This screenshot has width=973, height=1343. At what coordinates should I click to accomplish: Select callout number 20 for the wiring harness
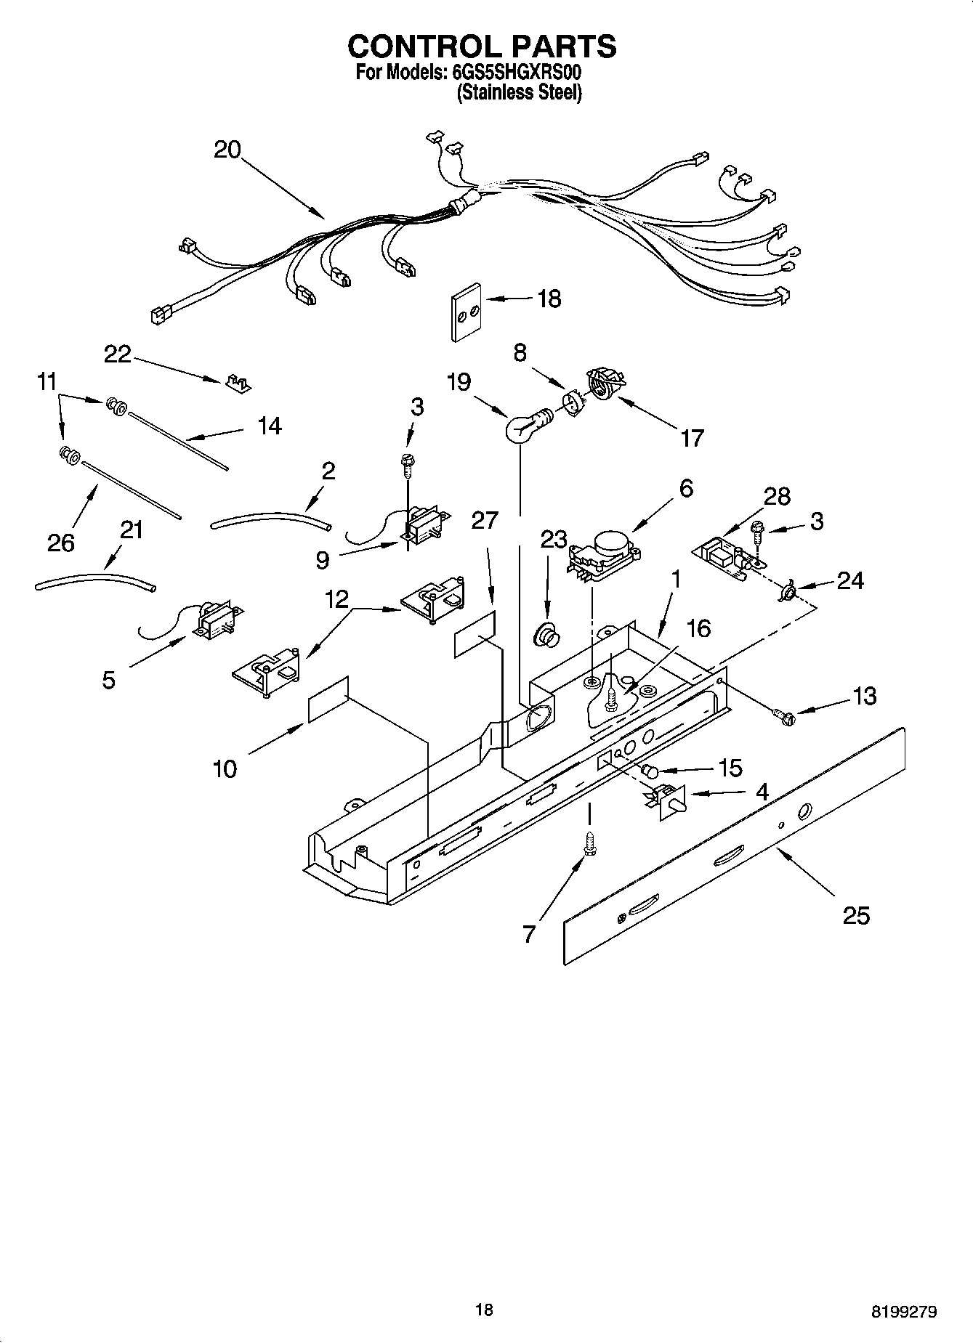pos(227,150)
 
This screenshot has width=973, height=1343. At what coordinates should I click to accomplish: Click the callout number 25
pos(856,916)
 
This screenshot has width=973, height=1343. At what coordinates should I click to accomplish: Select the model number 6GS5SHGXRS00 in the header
pos(516,73)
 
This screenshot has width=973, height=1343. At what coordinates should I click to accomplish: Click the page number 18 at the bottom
pos(484,1310)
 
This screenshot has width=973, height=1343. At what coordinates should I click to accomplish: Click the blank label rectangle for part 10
pos(328,699)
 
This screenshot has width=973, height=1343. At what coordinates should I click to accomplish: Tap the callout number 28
pos(777,496)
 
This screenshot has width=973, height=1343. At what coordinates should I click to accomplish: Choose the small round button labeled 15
pos(649,771)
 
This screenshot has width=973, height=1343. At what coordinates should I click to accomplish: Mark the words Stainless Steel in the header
pos(520,93)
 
